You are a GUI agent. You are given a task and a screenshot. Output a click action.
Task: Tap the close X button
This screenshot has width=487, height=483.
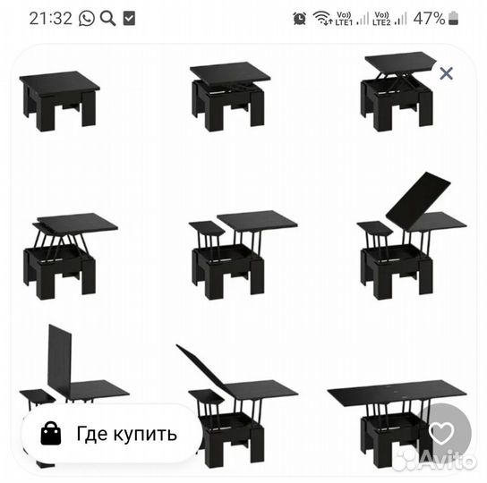[446, 73]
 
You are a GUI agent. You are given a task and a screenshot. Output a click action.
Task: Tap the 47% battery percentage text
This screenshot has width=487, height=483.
[429, 18]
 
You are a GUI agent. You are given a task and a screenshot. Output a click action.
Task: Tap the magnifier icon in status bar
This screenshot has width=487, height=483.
[107, 18]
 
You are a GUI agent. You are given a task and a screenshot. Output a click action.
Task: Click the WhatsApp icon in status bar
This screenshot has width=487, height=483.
[86, 18]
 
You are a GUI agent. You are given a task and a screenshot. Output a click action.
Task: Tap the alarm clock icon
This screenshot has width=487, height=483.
[299, 18]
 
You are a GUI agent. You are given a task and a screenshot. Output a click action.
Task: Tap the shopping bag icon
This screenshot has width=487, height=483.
[50, 434]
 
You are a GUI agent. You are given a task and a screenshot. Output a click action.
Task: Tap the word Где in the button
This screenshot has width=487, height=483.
[92, 435]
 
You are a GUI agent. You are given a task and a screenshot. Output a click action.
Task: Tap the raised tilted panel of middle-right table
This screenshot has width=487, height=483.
[418, 199]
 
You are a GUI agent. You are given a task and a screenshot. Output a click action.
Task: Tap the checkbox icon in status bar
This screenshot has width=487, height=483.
[129, 18]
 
